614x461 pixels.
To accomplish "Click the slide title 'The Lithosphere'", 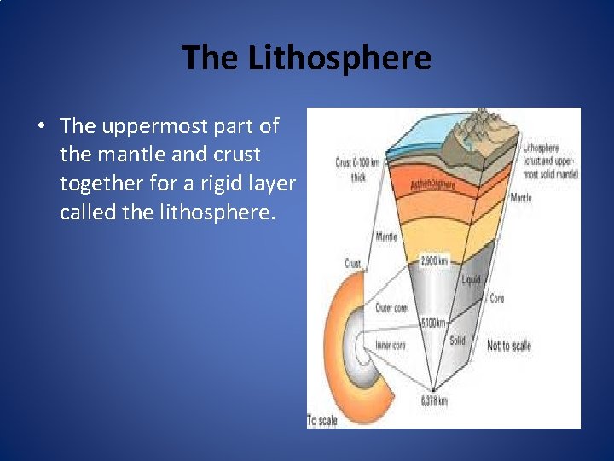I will coord(306,58).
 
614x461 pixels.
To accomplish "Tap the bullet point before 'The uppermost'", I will coord(41,127).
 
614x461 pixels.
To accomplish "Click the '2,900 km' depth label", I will coord(434,260).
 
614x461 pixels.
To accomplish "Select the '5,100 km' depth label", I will coord(433,323).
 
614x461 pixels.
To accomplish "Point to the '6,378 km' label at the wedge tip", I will coord(434,400).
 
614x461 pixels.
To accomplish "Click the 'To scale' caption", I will coord(323,421).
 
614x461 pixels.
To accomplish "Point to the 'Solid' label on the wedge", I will coord(457,341).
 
